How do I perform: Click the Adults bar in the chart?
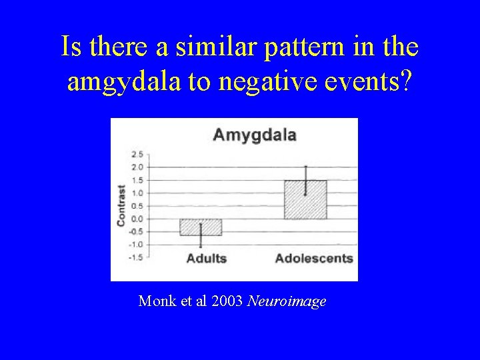pyautogui.click(x=201, y=227)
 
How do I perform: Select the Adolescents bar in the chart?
pyautogui.click(x=305, y=200)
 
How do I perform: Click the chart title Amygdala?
pyautogui.click(x=254, y=135)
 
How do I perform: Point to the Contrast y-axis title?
pyautogui.click(x=121, y=205)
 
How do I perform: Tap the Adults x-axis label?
pyautogui.click(x=206, y=258)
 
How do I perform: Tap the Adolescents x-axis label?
pyautogui.click(x=314, y=258)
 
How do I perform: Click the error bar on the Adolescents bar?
pyautogui.click(x=305, y=180)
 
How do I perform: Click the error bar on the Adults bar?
pyautogui.click(x=201, y=235)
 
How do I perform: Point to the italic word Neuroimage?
pyautogui.click(x=287, y=301)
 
